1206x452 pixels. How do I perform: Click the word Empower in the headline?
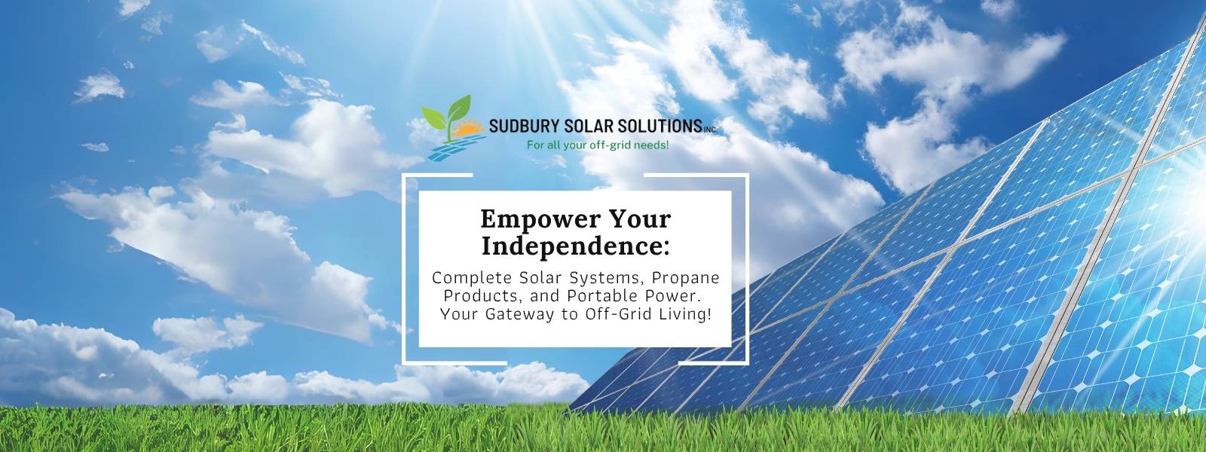(528, 219)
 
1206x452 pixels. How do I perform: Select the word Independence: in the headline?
(575, 246)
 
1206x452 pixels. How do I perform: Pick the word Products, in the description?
(475, 295)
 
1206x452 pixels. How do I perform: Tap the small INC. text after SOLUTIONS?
(710, 130)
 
